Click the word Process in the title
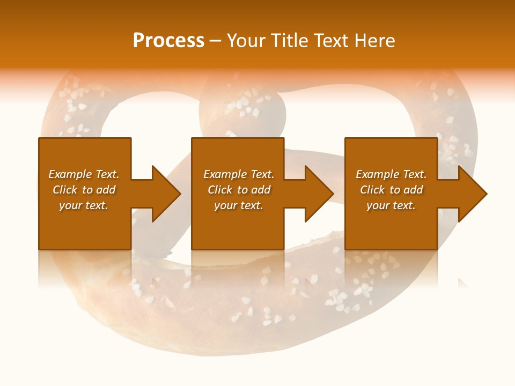(x=168, y=41)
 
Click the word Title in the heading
(x=289, y=41)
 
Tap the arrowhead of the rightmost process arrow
(x=472, y=194)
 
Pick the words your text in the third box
(x=391, y=205)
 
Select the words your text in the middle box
(x=238, y=205)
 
